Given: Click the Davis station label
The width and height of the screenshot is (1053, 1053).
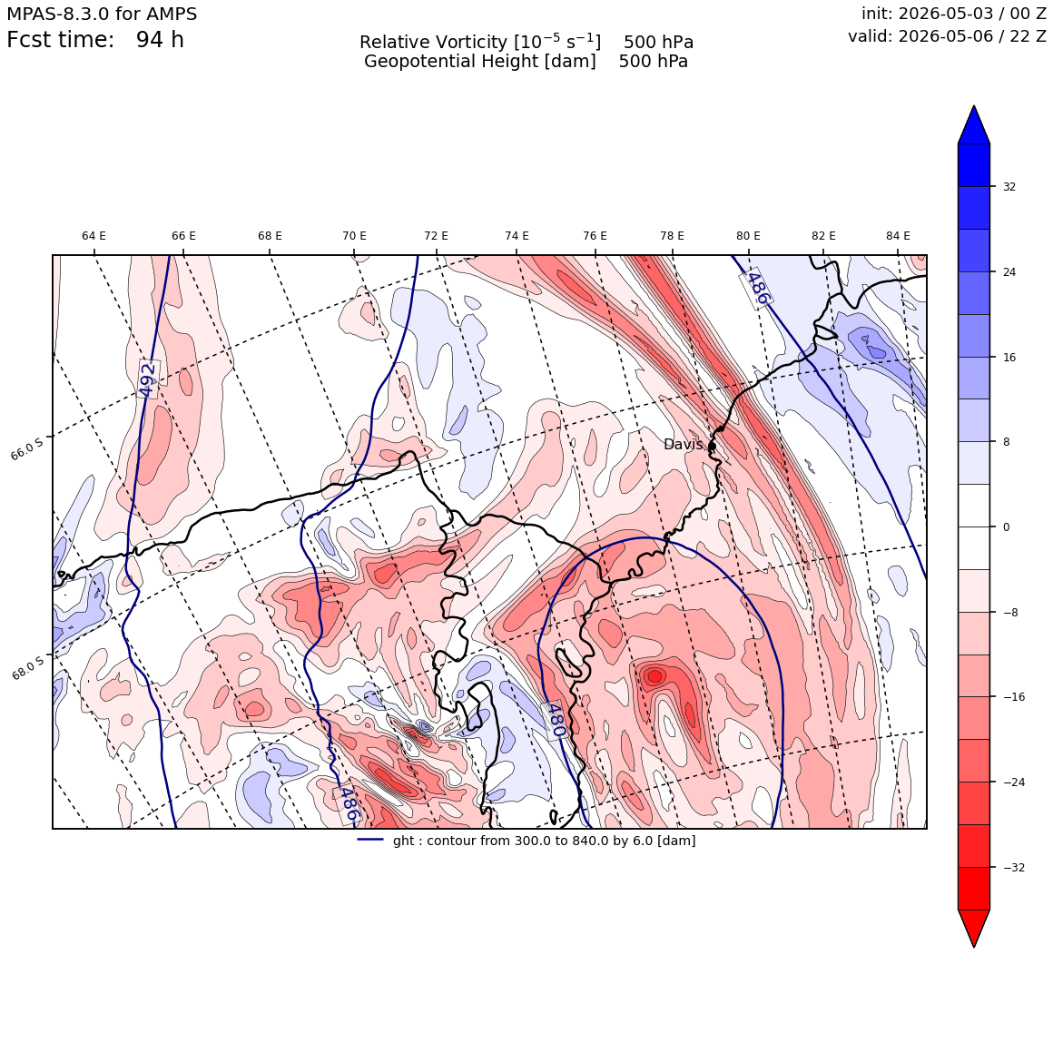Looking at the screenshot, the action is (x=683, y=445).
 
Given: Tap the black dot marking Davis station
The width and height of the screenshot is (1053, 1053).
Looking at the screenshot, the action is (x=712, y=445).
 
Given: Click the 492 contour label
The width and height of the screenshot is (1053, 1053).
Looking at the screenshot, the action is (x=148, y=379).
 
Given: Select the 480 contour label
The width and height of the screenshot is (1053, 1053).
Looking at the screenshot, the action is (x=555, y=720).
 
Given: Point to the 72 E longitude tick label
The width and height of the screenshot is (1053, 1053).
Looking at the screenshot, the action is (x=436, y=236).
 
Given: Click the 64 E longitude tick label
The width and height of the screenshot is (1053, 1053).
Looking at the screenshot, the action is (x=93, y=236).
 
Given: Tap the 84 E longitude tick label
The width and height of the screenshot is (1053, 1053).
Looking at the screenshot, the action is (x=898, y=236).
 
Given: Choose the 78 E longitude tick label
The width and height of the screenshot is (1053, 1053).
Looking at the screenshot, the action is (x=673, y=236).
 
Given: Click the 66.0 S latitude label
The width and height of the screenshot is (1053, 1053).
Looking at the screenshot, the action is (x=27, y=448).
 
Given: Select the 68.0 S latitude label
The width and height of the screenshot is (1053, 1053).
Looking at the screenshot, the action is (x=27, y=667).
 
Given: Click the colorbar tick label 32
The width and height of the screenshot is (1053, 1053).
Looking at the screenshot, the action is (x=1009, y=187).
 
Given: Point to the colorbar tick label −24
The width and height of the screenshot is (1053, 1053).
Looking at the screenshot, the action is (x=1013, y=782).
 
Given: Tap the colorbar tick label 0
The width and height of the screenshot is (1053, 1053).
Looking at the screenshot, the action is (x=1006, y=527).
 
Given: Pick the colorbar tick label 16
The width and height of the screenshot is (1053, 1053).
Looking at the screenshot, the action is (x=1009, y=358).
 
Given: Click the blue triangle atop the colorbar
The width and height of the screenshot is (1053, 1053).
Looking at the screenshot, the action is (x=974, y=125).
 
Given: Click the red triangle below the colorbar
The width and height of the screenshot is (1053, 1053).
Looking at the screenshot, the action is (x=974, y=928).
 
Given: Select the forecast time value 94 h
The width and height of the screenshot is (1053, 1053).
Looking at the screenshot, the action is (x=160, y=40).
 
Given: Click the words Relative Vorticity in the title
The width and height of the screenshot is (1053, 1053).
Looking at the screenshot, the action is (x=433, y=43).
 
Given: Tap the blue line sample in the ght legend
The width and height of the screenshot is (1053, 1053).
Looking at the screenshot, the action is (x=370, y=840).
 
